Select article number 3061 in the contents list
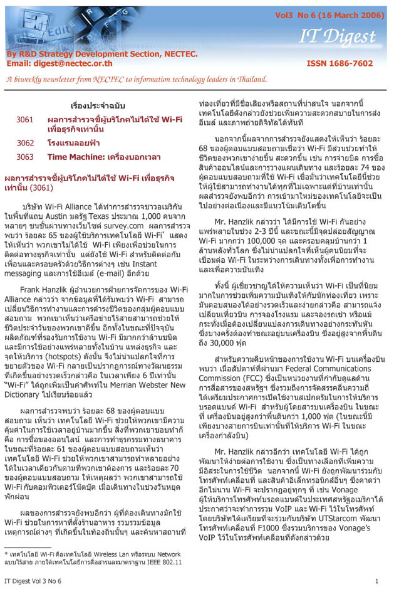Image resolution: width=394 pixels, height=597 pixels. pos(25,119)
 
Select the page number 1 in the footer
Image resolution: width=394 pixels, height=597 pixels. pos(377,582)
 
